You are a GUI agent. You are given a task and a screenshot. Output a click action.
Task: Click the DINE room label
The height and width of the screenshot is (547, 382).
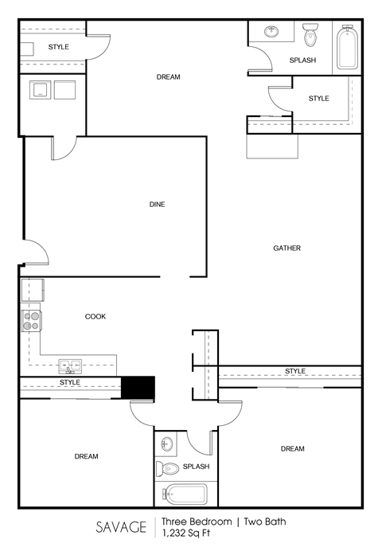click(157, 205)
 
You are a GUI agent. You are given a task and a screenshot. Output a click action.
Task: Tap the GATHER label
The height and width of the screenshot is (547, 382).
click(286, 248)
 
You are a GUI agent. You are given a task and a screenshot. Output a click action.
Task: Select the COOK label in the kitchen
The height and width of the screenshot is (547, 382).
click(95, 317)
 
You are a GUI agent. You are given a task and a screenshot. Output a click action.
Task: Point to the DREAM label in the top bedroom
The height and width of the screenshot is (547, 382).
click(168, 77)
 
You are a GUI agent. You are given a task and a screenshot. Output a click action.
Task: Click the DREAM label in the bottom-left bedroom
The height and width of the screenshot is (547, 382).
click(86, 456)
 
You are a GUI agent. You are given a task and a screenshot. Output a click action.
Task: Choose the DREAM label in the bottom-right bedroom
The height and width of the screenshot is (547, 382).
click(292, 449)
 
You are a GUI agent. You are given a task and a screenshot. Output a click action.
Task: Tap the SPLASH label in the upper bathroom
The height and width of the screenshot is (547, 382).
click(302, 61)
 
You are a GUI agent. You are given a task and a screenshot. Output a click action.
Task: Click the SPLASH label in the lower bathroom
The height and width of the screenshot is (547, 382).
click(196, 467)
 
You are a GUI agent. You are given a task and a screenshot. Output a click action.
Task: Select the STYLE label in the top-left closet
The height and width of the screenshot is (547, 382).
click(58, 47)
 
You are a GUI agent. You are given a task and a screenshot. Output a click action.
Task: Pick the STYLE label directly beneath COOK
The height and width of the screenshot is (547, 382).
click(70, 383)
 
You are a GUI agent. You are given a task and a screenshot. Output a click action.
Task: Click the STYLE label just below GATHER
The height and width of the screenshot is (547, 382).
click(295, 371)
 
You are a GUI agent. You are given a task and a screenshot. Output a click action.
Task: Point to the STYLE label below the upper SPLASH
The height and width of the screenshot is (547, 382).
click(318, 99)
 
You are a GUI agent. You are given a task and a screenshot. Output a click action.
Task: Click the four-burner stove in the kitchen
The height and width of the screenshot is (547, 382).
click(31, 321)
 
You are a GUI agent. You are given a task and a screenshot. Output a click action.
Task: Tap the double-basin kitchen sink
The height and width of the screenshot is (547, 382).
click(70, 366)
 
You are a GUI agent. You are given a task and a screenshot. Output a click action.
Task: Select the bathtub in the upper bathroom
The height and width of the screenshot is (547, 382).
click(345, 49)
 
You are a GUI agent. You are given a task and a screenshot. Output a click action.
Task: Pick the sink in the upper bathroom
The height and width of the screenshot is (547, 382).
click(272, 32)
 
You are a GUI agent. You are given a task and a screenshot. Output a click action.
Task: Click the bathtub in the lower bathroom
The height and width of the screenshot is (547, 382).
click(185, 494)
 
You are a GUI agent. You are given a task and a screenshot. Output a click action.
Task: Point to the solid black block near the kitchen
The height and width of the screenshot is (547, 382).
click(137, 386)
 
